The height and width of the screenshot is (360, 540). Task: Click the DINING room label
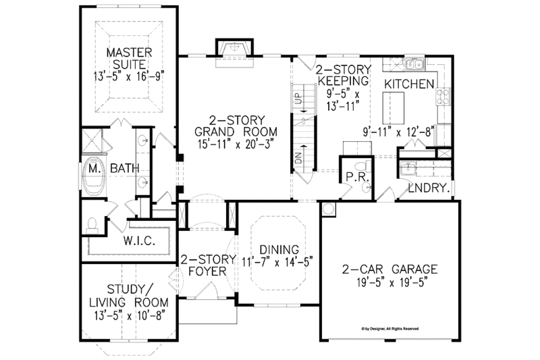point(275,248)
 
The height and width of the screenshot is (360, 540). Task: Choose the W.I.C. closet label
point(140,241)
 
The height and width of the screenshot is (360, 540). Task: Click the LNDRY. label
point(428,190)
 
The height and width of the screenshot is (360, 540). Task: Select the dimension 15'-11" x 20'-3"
point(223,143)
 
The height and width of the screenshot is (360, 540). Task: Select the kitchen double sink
point(410,64)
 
